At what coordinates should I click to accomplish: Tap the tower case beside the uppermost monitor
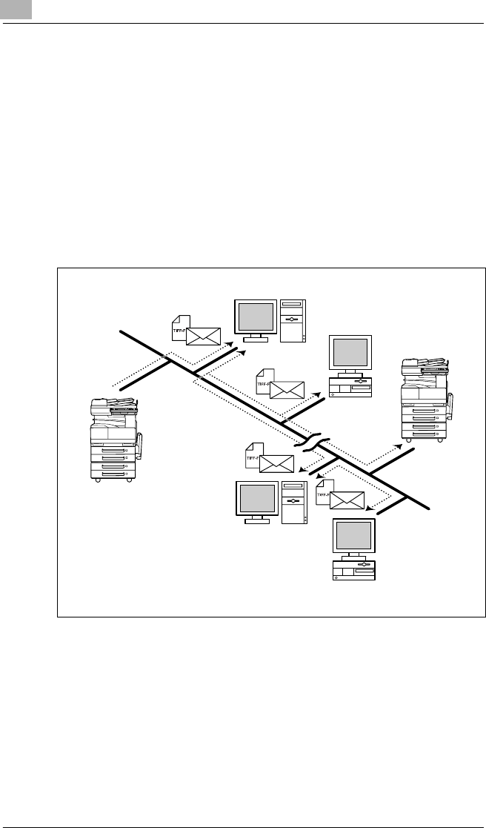click(293, 320)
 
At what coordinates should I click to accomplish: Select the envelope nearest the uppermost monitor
click(204, 336)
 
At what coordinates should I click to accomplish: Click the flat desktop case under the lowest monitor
click(354, 570)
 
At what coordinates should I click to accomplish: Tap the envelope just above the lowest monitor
click(346, 500)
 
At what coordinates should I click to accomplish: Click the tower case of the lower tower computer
click(293, 504)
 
